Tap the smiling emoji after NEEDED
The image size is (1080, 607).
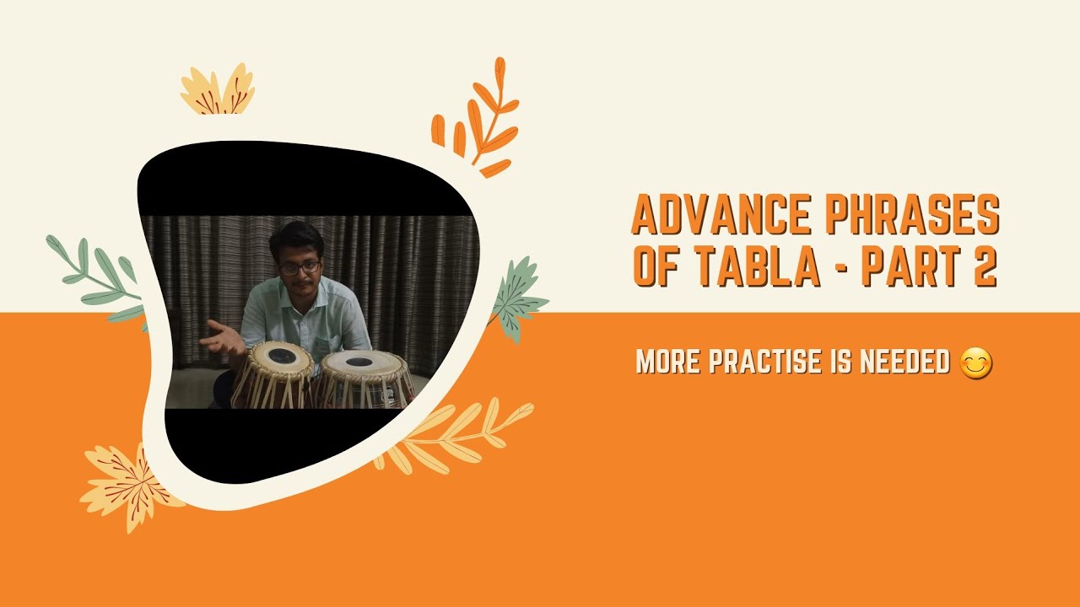pyautogui.click(x=976, y=363)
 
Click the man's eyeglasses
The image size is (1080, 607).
pyautogui.click(x=300, y=267)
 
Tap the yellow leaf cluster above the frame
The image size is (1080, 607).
pyautogui.click(x=217, y=91)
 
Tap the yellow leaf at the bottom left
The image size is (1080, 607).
pyautogui.click(x=127, y=485)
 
